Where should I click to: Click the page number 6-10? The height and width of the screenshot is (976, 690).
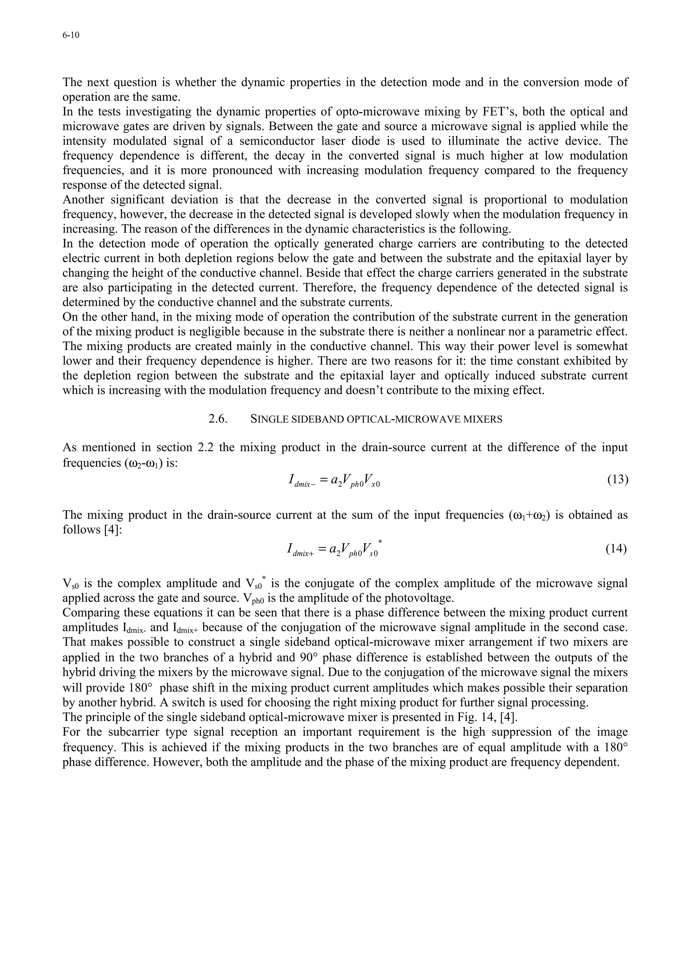pos(71,36)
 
